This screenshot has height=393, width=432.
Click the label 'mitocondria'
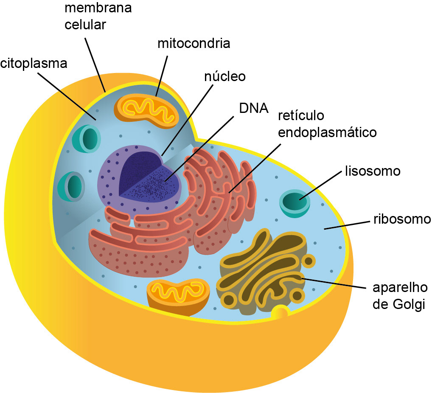[194, 43]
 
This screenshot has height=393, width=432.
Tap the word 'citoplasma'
[34, 64]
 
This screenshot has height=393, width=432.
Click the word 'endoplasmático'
[327, 132]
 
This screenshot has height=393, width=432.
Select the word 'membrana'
[98, 8]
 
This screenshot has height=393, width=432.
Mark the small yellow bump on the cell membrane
[281, 313]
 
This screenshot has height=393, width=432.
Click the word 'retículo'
[301, 115]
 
